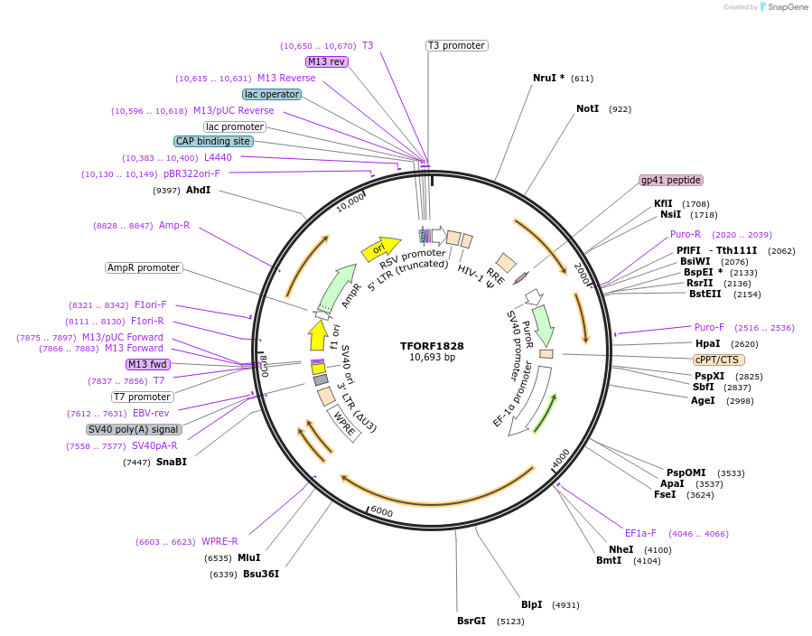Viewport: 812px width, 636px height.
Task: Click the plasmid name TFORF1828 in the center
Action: (x=433, y=346)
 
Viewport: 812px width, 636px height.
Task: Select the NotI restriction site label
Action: (x=588, y=108)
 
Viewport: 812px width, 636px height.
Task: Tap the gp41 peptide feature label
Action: (x=670, y=180)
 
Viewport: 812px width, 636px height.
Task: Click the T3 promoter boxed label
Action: (x=456, y=45)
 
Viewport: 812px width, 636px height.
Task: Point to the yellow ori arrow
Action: (x=380, y=248)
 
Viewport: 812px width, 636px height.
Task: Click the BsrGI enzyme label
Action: (x=471, y=621)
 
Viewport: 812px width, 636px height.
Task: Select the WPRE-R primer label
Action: (x=219, y=541)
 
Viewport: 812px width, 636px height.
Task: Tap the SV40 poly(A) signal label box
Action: (x=134, y=429)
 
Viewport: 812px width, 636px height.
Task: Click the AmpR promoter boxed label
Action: (x=144, y=267)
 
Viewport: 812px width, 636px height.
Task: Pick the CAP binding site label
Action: (x=213, y=141)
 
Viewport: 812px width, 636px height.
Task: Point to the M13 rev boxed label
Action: (x=326, y=61)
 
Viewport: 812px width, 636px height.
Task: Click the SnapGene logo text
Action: (x=786, y=7)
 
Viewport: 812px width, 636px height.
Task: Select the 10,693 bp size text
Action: (x=433, y=358)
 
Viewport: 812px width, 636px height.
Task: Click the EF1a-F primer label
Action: (x=640, y=532)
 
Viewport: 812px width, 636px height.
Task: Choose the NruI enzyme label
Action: (x=548, y=78)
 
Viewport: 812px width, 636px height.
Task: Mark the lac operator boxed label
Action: (x=271, y=94)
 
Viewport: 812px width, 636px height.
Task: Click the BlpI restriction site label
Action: (x=532, y=604)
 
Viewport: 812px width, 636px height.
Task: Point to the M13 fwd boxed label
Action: (x=148, y=364)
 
